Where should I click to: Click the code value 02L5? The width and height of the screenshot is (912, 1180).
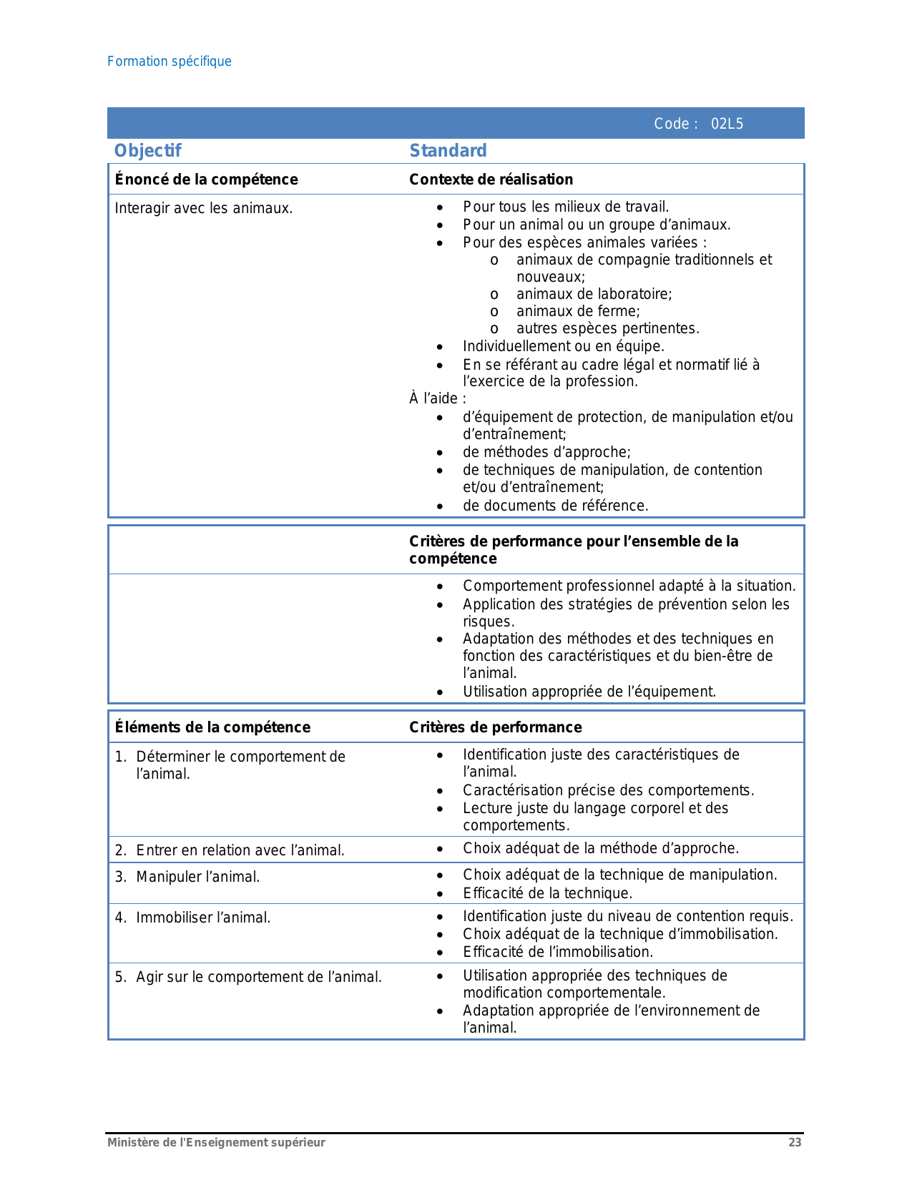pos(727,124)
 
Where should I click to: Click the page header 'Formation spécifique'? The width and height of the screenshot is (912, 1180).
pos(170,62)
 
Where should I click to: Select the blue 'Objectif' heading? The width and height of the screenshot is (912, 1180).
pos(148,151)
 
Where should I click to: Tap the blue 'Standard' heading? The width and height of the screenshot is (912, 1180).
pos(448,151)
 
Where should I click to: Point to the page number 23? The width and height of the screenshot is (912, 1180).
pos(795,1142)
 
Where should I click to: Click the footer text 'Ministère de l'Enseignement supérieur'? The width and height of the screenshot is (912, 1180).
pos(216,1142)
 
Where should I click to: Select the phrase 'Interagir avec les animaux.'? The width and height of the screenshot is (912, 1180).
pos(204,209)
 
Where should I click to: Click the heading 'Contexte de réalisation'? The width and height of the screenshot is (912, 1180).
pos(491,180)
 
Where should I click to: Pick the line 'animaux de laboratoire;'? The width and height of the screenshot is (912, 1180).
pos(594,294)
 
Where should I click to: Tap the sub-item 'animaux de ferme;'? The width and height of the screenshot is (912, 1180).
pos(578,311)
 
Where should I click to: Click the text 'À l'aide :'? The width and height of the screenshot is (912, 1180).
pos(437,398)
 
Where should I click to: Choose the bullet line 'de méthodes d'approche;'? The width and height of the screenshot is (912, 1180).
pos(546,452)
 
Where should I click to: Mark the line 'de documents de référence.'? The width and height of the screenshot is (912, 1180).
pos(555,506)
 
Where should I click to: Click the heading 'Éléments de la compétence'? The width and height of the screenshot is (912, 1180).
pos(212,727)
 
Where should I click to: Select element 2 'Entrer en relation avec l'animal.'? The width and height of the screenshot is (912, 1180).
pos(240,850)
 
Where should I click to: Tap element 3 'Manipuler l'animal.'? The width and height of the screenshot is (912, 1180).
pos(197,877)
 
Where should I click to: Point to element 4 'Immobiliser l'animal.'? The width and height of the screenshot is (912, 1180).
pos(203,918)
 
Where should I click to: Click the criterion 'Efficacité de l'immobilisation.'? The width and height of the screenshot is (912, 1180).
pos(558,952)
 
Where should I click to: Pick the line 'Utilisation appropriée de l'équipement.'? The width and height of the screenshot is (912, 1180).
pos(589,692)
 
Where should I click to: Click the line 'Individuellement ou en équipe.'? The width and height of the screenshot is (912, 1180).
pos(564,346)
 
